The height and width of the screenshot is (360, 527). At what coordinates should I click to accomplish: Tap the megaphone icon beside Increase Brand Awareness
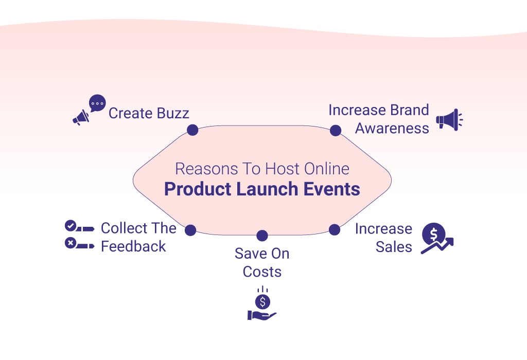[449, 119]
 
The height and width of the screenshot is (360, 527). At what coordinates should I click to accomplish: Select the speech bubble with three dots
[97, 103]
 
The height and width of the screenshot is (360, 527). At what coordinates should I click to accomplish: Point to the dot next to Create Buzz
[192, 130]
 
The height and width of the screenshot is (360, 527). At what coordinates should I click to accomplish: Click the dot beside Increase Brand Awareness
[336, 130]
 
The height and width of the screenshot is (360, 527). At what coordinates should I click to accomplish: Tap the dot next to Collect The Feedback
[190, 230]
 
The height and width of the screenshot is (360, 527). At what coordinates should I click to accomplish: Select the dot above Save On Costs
[262, 236]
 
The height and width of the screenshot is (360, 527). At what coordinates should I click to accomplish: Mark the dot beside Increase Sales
[335, 230]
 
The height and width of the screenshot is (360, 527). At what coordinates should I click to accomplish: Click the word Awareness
[392, 128]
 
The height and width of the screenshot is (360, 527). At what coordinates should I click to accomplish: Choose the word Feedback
[133, 246]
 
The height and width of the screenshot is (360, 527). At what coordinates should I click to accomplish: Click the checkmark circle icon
[70, 226]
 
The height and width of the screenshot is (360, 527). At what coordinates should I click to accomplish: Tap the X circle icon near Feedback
[70, 243]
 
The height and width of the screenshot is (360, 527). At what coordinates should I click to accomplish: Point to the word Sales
[394, 247]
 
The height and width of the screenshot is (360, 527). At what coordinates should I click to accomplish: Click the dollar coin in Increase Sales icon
[433, 234]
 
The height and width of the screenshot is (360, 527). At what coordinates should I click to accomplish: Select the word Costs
[262, 272]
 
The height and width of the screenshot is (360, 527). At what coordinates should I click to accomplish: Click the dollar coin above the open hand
[262, 301]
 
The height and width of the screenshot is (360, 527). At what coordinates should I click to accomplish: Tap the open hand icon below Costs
[261, 315]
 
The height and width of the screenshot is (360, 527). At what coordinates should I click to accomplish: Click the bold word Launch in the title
[268, 189]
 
